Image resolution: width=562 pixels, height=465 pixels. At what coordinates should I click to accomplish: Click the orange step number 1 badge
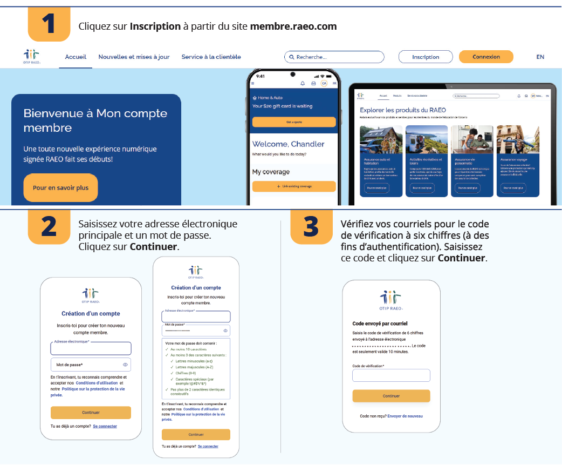tap(49, 24)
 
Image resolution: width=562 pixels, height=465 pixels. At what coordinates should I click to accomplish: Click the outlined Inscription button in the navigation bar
tap(426, 57)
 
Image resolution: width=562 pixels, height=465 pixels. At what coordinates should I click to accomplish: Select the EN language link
tap(540, 57)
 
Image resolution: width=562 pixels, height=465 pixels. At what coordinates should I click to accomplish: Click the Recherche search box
tap(334, 57)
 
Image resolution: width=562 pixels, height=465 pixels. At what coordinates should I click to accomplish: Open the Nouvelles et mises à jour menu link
tap(134, 57)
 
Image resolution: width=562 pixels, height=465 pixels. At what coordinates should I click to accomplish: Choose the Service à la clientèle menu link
tap(211, 57)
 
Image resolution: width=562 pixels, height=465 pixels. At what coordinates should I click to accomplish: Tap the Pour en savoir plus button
tap(60, 188)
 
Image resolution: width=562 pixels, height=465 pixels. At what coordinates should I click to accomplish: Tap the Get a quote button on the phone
tap(294, 122)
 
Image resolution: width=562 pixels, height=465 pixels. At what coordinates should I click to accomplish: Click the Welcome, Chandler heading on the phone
tap(289, 144)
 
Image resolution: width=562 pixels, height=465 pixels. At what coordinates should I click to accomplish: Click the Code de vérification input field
tap(391, 375)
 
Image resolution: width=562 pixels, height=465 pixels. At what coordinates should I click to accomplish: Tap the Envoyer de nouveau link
tap(405, 416)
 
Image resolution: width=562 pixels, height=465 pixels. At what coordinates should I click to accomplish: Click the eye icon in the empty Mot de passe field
tap(125, 365)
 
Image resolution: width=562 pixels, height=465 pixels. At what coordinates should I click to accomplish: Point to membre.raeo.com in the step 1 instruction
tap(293, 26)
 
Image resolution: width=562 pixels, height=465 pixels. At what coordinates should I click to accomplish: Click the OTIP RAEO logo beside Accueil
tap(32, 56)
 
